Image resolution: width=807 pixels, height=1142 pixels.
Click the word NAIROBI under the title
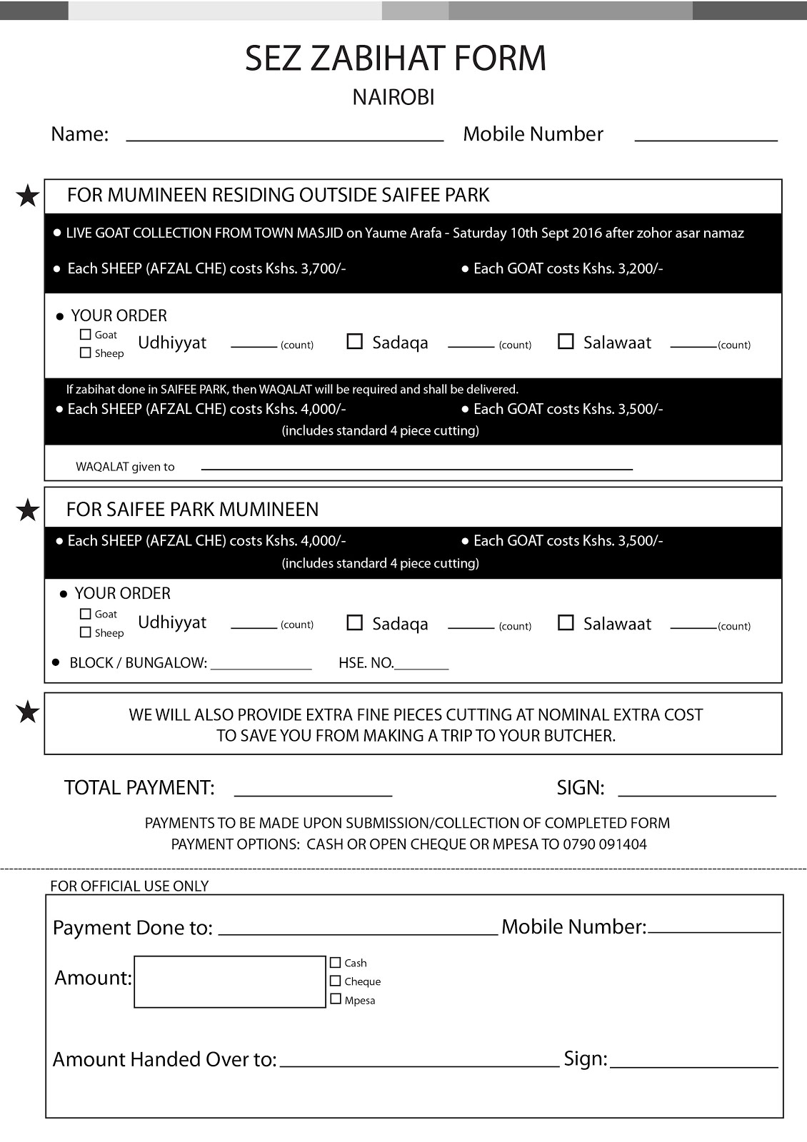point(394,97)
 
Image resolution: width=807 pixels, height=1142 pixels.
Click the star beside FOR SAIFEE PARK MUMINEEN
point(27,510)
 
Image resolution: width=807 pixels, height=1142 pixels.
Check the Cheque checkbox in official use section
point(336,981)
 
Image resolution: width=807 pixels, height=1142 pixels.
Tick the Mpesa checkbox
point(336,999)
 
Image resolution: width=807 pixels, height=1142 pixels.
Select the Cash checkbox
point(336,962)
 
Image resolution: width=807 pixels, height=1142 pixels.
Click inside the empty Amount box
point(229,981)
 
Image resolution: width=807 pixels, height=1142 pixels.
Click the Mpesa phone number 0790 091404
point(605,844)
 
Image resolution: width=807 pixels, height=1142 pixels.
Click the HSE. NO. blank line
point(421,667)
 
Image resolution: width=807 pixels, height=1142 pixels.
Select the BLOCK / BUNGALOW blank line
point(261,667)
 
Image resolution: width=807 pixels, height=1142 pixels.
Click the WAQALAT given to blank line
point(416,468)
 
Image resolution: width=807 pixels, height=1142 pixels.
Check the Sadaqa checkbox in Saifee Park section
point(354,623)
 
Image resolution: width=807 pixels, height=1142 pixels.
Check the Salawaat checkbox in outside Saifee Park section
point(566,341)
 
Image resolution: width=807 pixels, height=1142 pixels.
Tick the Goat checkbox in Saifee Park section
point(86,614)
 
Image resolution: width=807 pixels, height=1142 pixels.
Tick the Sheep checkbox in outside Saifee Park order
point(86,353)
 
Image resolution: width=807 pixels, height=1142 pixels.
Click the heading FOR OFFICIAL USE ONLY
point(129,886)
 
